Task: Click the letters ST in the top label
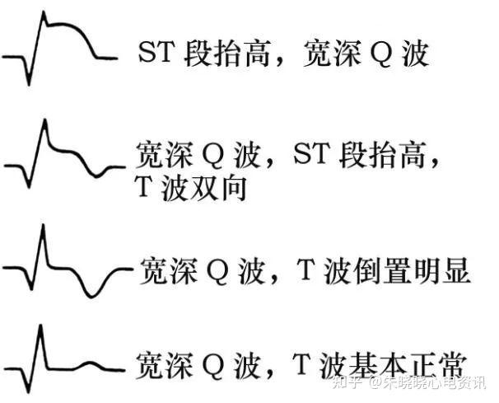(156, 54)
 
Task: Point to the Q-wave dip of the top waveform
(30, 82)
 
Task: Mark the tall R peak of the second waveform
(44, 121)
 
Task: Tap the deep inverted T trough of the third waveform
(96, 293)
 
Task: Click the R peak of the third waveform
(43, 227)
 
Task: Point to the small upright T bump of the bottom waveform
(93, 363)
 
